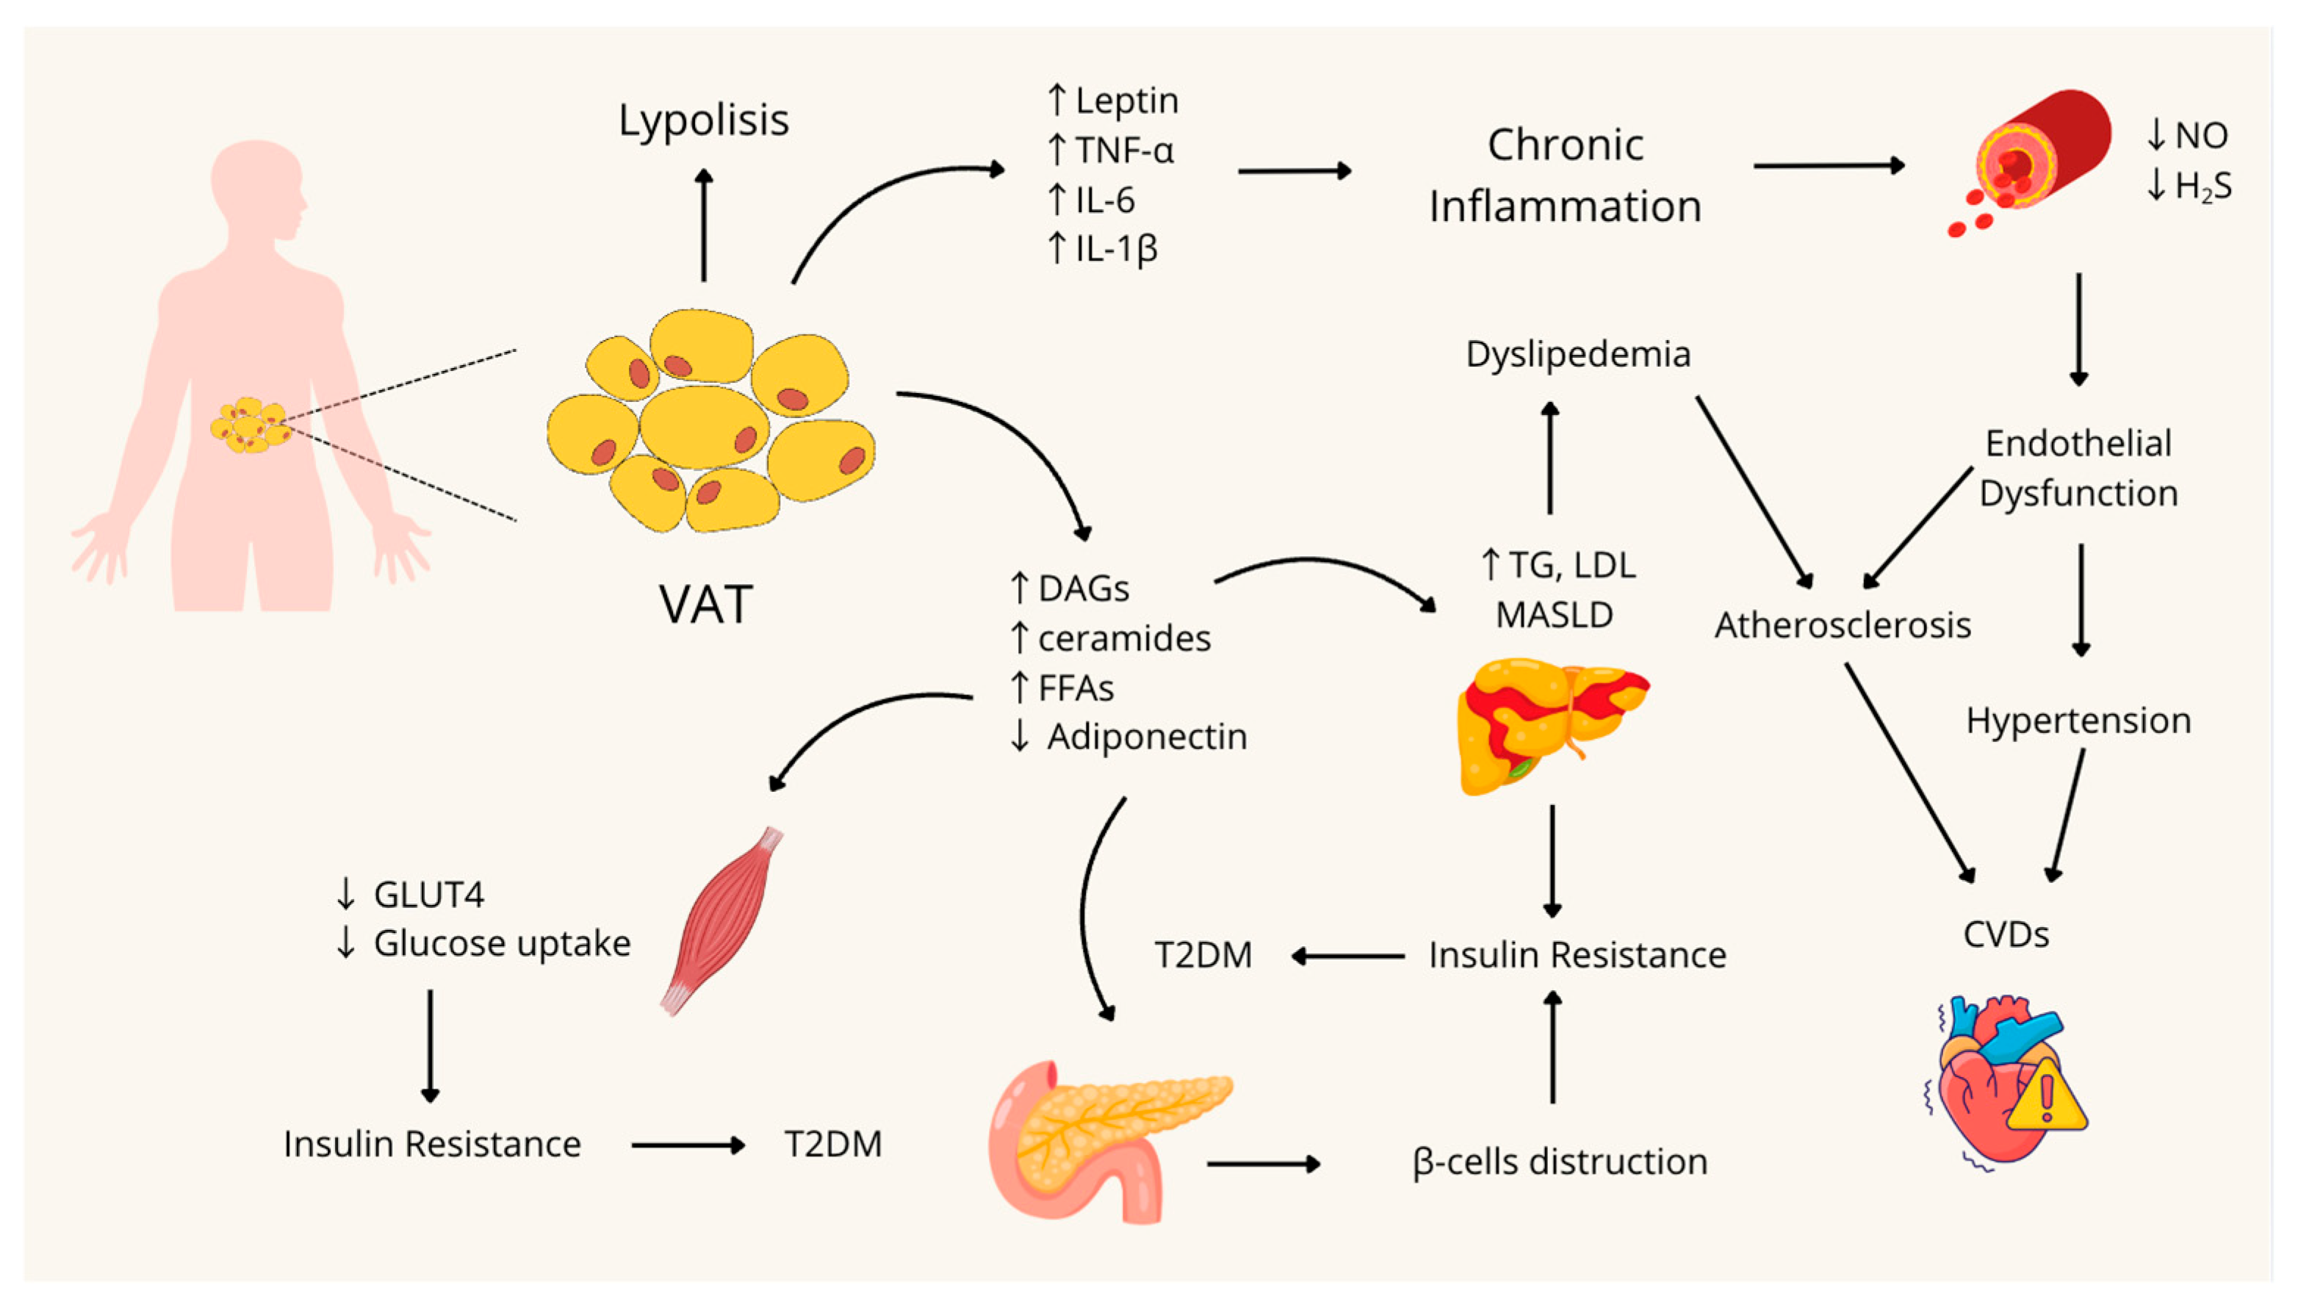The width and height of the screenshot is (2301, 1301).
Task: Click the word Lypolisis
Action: [703, 120]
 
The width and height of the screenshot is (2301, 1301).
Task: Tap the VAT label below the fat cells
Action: [706, 605]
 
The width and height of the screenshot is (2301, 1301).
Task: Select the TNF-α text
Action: [1123, 150]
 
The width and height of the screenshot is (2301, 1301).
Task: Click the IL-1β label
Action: [1116, 248]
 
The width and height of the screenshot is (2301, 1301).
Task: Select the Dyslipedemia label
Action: [1578, 355]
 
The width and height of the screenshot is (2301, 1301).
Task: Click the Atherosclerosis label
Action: [1843, 625]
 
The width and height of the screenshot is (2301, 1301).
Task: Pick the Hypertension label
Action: [2078, 720]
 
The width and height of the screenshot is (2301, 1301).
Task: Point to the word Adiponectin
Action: [1147, 737]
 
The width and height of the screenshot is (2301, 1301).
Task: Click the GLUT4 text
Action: [429, 895]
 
